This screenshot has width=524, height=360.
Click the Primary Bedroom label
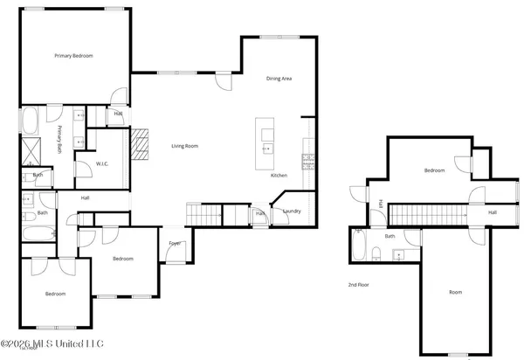coord(73,56)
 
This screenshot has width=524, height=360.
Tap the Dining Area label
coord(279,79)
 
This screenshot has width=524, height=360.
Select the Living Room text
coord(184,146)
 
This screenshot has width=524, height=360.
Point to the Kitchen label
coord(279,176)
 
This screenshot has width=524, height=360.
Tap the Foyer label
coord(175,244)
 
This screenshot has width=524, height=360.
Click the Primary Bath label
coord(61,138)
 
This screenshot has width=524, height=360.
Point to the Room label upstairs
coord(456,292)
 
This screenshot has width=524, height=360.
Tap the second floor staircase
coord(424,212)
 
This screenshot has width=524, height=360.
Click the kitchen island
coord(265,143)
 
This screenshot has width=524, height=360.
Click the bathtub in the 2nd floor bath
coord(358,247)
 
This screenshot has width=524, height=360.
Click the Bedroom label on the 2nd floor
coord(434,170)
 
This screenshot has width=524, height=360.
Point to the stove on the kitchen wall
coord(307,160)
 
